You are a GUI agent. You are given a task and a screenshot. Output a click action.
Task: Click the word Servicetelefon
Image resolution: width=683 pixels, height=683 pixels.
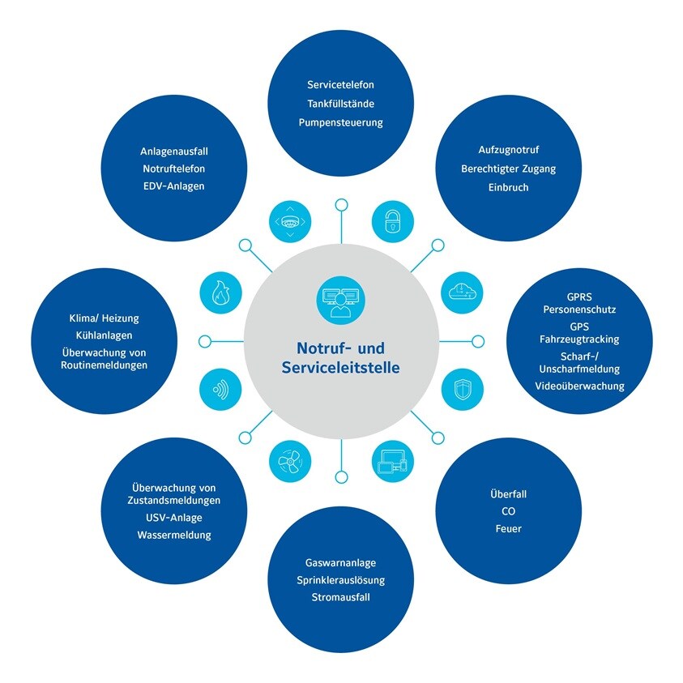click(340, 85)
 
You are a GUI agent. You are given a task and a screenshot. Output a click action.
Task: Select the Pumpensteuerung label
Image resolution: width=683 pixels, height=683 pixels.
click(340, 123)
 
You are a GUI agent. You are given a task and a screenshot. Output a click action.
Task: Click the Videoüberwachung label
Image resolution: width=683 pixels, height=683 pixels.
click(580, 386)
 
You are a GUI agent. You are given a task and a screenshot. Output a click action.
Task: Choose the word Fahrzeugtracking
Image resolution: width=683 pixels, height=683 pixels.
click(580, 339)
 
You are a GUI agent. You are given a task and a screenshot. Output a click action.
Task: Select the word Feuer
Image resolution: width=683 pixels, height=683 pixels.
click(509, 529)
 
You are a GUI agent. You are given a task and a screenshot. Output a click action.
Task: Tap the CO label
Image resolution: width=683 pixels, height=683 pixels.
click(509, 511)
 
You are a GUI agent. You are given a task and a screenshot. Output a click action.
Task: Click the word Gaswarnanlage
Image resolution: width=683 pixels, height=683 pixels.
click(340, 562)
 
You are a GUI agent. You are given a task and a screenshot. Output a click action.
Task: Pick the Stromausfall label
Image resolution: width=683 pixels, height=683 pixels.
click(340, 599)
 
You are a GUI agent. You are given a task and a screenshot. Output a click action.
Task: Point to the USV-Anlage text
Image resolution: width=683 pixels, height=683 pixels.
click(174, 518)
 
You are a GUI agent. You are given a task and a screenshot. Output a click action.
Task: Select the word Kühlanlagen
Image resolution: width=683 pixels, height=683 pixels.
click(105, 335)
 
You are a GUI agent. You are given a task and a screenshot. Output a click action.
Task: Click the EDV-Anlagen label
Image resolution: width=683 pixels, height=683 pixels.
click(173, 186)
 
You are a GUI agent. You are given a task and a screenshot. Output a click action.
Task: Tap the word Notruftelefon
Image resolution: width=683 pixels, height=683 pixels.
click(173, 169)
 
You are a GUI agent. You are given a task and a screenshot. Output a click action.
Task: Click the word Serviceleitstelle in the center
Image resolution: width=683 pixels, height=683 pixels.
click(340, 368)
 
